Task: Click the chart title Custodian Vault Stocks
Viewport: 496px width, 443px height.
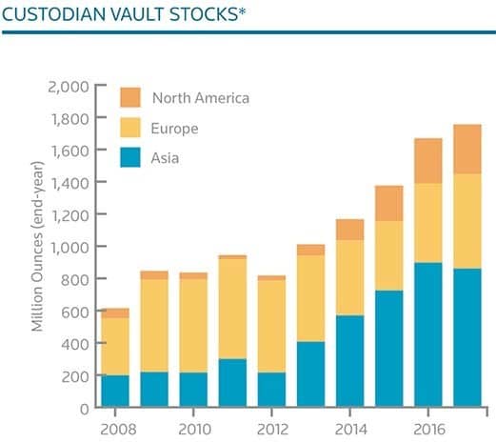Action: pyautogui.click(x=124, y=14)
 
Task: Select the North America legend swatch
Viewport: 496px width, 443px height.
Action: pyautogui.click(x=130, y=97)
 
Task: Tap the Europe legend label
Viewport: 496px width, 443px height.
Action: pyautogui.click(x=174, y=129)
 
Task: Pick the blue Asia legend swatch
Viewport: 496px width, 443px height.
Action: pyautogui.click(x=130, y=157)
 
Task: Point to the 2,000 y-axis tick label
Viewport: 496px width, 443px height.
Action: pyautogui.click(x=69, y=87)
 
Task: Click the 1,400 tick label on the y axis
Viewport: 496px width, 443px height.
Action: pyautogui.click(x=69, y=183)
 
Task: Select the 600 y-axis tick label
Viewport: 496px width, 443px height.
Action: pyautogui.click(x=75, y=312)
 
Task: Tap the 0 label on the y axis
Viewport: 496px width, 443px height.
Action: pyautogui.click(x=85, y=409)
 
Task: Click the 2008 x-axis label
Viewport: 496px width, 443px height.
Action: pyautogui.click(x=118, y=430)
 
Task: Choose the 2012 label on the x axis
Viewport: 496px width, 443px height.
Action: pyautogui.click(x=272, y=430)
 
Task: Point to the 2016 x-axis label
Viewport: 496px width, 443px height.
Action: pyautogui.click(x=429, y=430)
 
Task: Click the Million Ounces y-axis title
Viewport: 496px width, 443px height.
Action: pyautogui.click(x=37, y=247)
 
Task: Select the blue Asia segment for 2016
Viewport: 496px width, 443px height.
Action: pyautogui.click(x=428, y=334)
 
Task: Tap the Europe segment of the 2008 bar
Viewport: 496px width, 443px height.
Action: pyautogui.click(x=115, y=347)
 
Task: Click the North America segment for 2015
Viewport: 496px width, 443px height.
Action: pyautogui.click(x=389, y=203)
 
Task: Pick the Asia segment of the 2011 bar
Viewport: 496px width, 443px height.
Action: pyautogui.click(x=232, y=383)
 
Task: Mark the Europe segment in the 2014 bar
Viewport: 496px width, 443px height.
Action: pyautogui.click(x=350, y=278)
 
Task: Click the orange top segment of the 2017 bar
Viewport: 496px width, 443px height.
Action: pyautogui.click(x=467, y=150)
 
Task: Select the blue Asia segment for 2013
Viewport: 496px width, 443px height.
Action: pyautogui.click(x=311, y=374)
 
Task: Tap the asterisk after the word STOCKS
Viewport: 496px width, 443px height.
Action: pyautogui.click(x=243, y=11)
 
